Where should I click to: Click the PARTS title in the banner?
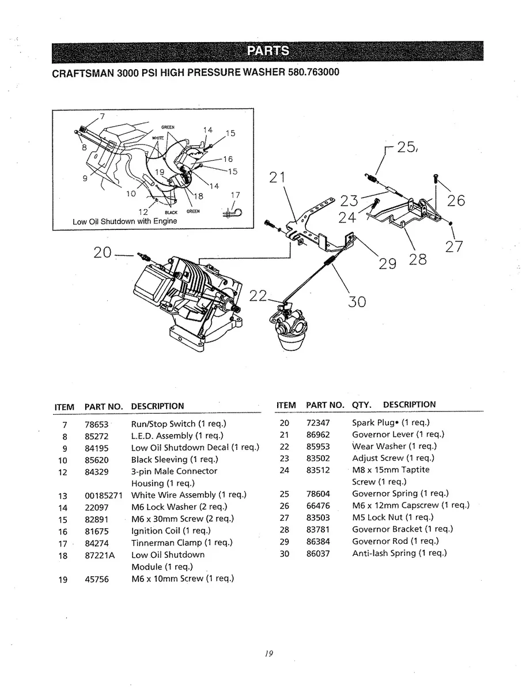tap(268, 51)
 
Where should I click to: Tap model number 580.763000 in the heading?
tap(313, 72)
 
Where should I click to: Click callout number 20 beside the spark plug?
tap(103, 253)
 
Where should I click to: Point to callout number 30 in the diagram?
tap(357, 301)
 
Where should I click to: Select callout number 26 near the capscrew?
tap(456, 201)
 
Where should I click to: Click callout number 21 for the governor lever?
tap(277, 177)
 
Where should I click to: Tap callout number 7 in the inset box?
tap(102, 116)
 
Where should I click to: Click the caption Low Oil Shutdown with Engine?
tap(125, 221)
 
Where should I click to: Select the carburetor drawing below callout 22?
tap(289, 327)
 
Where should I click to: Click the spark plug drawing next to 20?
tap(143, 256)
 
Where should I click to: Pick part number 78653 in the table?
tap(96, 424)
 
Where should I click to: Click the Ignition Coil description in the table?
tap(171, 531)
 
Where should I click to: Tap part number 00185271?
tap(103, 495)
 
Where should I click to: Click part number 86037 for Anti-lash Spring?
tap(318, 554)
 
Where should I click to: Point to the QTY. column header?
tap(361, 405)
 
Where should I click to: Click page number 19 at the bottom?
tap(268, 653)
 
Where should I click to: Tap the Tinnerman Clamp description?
tap(182, 543)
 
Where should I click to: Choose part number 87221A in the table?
tap(100, 555)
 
